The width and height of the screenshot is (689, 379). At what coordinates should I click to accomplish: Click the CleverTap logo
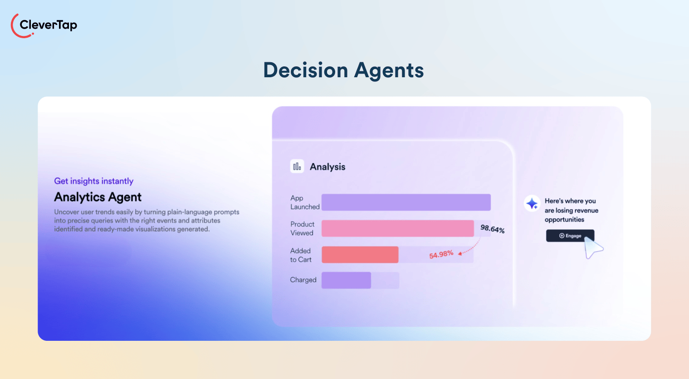pyautogui.click(x=44, y=25)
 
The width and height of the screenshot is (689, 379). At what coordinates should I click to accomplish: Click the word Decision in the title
pyautogui.click(x=305, y=70)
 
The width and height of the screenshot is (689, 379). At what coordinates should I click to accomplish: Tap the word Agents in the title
pyautogui.click(x=389, y=70)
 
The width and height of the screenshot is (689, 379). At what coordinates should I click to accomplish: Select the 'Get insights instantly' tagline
pyautogui.click(x=94, y=181)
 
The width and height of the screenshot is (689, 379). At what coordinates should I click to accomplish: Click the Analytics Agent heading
pyautogui.click(x=98, y=197)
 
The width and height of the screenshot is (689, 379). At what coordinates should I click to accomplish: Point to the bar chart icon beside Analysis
pyautogui.click(x=297, y=166)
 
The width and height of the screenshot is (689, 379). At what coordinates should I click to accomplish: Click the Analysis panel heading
pyautogui.click(x=327, y=167)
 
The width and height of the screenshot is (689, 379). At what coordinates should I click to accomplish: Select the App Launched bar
pyautogui.click(x=406, y=202)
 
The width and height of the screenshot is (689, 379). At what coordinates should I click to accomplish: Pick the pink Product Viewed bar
pyautogui.click(x=397, y=228)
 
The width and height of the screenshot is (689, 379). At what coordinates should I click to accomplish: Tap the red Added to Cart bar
pyautogui.click(x=360, y=254)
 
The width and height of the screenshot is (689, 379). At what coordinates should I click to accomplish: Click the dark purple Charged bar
pyautogui.click(x=346, y=280)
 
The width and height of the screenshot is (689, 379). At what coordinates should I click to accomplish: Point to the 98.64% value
pyautogui.click(x=492, y=229)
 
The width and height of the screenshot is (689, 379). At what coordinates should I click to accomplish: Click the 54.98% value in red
pyautogui.click(x=441, y=254)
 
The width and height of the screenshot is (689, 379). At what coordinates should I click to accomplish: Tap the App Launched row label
pyautogui.click(x=304, y=202)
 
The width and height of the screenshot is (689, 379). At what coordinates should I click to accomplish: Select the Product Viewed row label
pyautogui.click(x=302, y=228)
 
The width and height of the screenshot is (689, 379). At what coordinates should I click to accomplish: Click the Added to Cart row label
pyautogui.click(x=301, y=255)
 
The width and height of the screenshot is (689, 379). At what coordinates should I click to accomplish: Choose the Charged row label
pyautogui.click(x=303, y=280)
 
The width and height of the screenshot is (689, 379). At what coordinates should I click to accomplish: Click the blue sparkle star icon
pyautogui.click(x=532, y=203)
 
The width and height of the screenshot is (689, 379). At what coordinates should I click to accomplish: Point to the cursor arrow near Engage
pyautogui.click(x=592, y=247)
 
